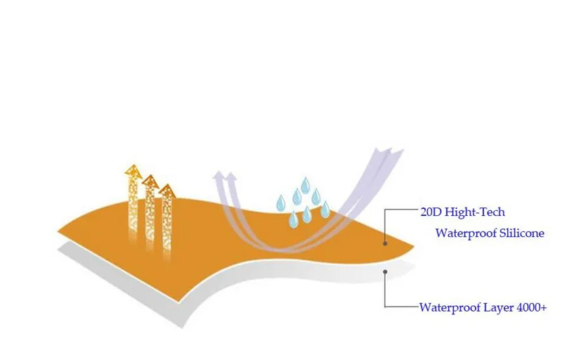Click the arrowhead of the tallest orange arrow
click(133, 171)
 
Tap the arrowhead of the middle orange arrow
click(150, 181)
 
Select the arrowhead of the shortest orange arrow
click(167, 191)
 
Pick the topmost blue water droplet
click(306, 185)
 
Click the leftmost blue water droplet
click(280, 203)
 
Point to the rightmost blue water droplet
click(325, 210)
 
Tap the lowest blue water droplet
click(294, 219)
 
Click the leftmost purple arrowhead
click(218, 175)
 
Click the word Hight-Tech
click(475, 212)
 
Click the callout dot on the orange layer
click(385, 243)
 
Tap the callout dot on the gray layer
click(385, 272)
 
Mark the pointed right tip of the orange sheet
click(414, 246)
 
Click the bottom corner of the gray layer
click(182, 328)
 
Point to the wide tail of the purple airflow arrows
click(389, 152)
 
